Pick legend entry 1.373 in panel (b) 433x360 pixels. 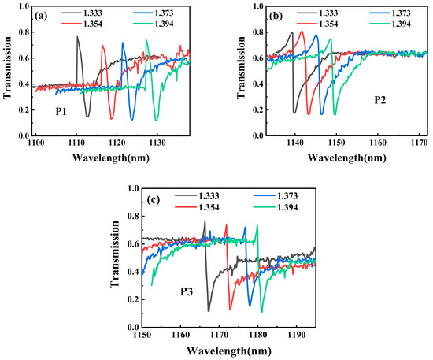tap(394, 13)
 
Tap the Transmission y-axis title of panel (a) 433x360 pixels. tap(7, 72)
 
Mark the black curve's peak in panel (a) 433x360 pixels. tap(77, 36)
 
